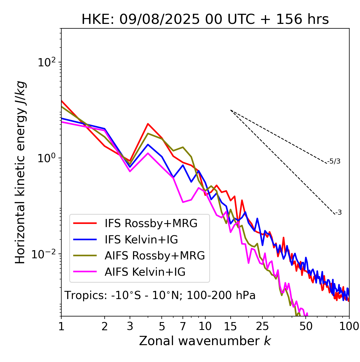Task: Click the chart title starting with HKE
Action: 205,20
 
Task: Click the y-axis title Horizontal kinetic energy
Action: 21,172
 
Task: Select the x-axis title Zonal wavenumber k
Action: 205,341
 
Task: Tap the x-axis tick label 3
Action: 130,326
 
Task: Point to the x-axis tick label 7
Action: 183,326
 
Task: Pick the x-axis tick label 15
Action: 231,326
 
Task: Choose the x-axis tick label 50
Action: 306,326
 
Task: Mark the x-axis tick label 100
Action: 349,326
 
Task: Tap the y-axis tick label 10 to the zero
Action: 47,158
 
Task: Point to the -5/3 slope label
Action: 334,161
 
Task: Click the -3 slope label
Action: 339,213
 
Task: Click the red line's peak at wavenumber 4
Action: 148,124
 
